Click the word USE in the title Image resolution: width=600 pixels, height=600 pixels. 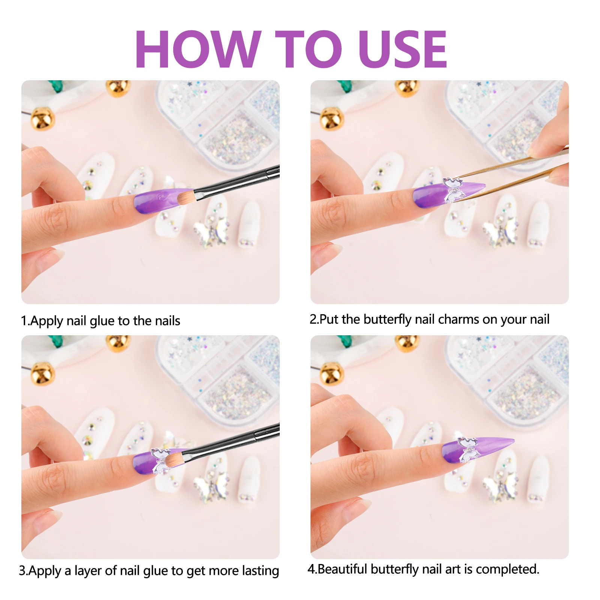tap(402, 49)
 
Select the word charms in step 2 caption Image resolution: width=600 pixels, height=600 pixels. tap(459, 319)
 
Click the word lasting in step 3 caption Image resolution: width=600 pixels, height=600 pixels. tap(260, 571)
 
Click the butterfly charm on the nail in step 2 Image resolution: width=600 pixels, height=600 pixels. tap(453, 190)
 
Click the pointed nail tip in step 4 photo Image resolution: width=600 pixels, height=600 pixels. tap(513, 440)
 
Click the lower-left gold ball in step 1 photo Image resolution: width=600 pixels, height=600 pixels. tap(42, 119)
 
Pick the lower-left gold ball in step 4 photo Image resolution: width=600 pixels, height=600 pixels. tap(331, 373)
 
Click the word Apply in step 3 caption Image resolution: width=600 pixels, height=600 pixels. tap(45, 571)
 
